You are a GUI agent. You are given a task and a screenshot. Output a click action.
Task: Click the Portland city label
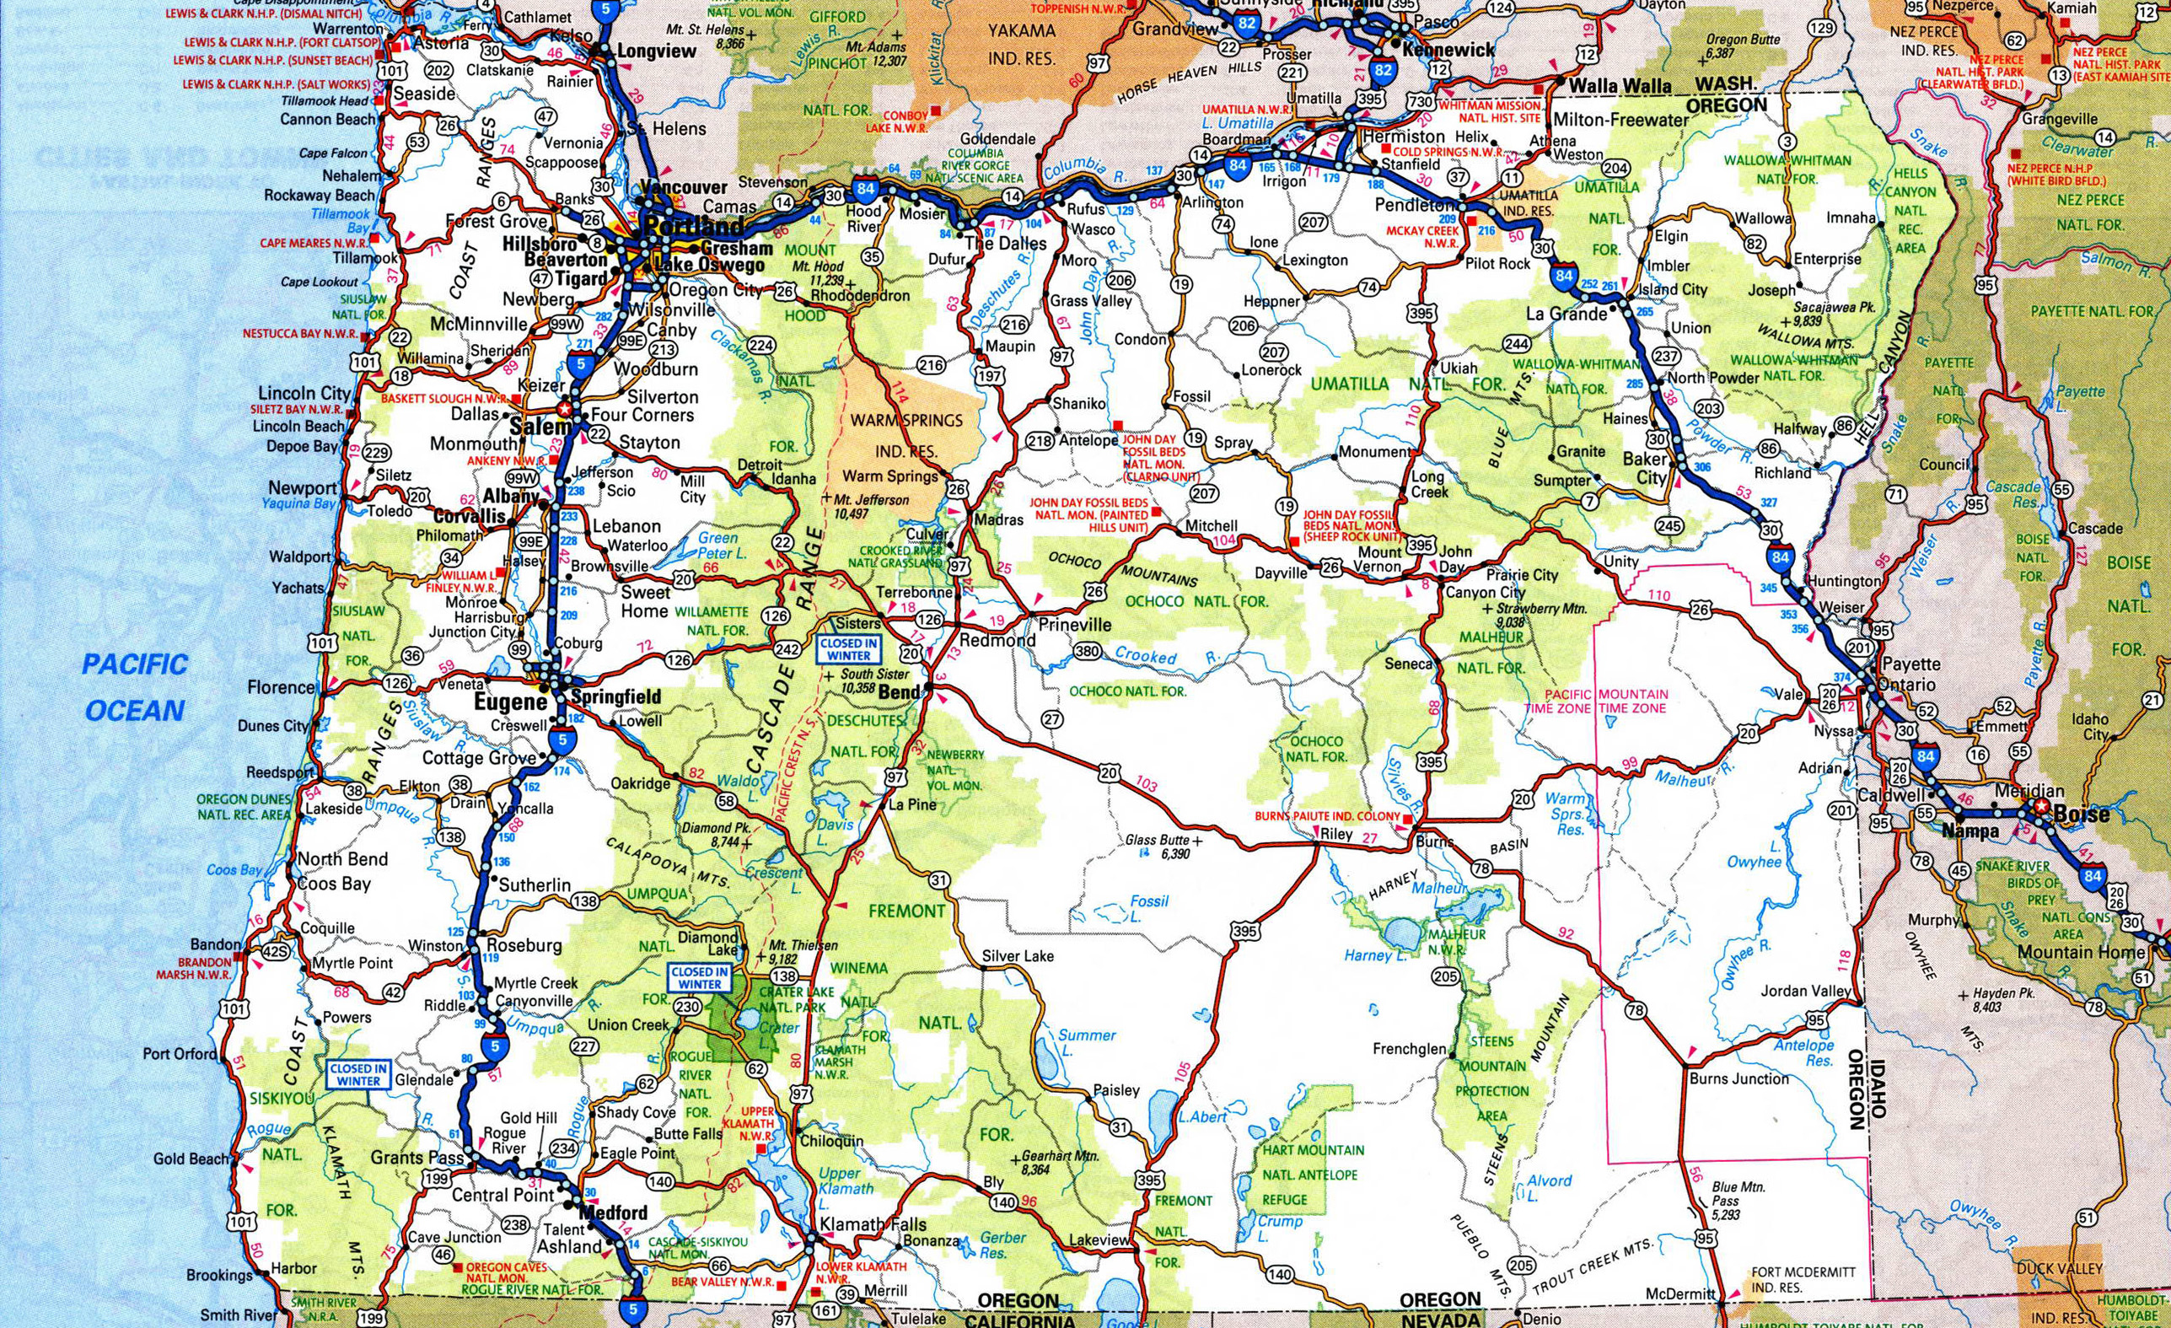click(692, 226)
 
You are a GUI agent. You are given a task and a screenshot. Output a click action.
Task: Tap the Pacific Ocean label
click(135, 687)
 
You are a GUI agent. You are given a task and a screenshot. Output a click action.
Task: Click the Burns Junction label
click(1738, 1078)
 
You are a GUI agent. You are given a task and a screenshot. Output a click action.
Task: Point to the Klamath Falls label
click(873, 1225)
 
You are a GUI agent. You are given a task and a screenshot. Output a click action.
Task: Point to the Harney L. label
click(1369, 956)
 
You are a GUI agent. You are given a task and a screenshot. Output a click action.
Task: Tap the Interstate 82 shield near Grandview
click(1245, 24)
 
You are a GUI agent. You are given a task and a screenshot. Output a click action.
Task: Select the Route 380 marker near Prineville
click(1088, 651)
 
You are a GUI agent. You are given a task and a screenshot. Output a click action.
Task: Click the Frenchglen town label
click(1410, 1049)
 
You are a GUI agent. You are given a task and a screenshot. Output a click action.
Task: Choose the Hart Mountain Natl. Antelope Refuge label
click(1313, 1175)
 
